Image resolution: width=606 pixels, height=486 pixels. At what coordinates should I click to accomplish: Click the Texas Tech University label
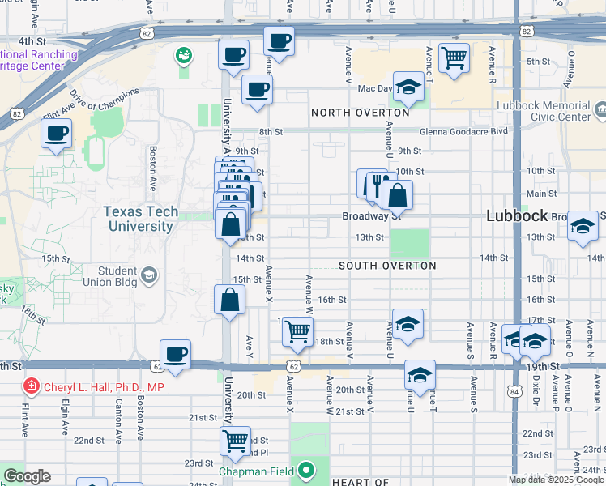(x=139, y=220)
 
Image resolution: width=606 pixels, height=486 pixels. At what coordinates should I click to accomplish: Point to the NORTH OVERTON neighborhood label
(x=360, y=113)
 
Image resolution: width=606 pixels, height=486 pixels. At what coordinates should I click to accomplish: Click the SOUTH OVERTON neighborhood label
(x=387, y=266)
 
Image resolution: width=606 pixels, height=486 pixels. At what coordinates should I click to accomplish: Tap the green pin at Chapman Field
(x=305, y=470)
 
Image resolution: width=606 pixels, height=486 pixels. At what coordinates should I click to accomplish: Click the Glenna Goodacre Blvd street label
(x=464, y=131)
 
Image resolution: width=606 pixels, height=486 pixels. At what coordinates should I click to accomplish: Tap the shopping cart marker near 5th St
(x=454, y=57)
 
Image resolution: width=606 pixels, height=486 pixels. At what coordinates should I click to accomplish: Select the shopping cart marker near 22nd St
(x=235, y=441)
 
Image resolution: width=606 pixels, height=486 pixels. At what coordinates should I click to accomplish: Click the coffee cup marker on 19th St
(x=175, y=354)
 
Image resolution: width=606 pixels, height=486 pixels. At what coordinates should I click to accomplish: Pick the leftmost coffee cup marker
(x=57, y=134)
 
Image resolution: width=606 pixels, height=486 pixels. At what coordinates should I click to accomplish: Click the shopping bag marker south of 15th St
(x=230, y=300)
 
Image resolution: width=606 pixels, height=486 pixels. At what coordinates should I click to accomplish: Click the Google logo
(x=27, y=476)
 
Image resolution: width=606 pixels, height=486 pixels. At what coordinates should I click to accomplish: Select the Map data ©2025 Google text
(x=556, y=480)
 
